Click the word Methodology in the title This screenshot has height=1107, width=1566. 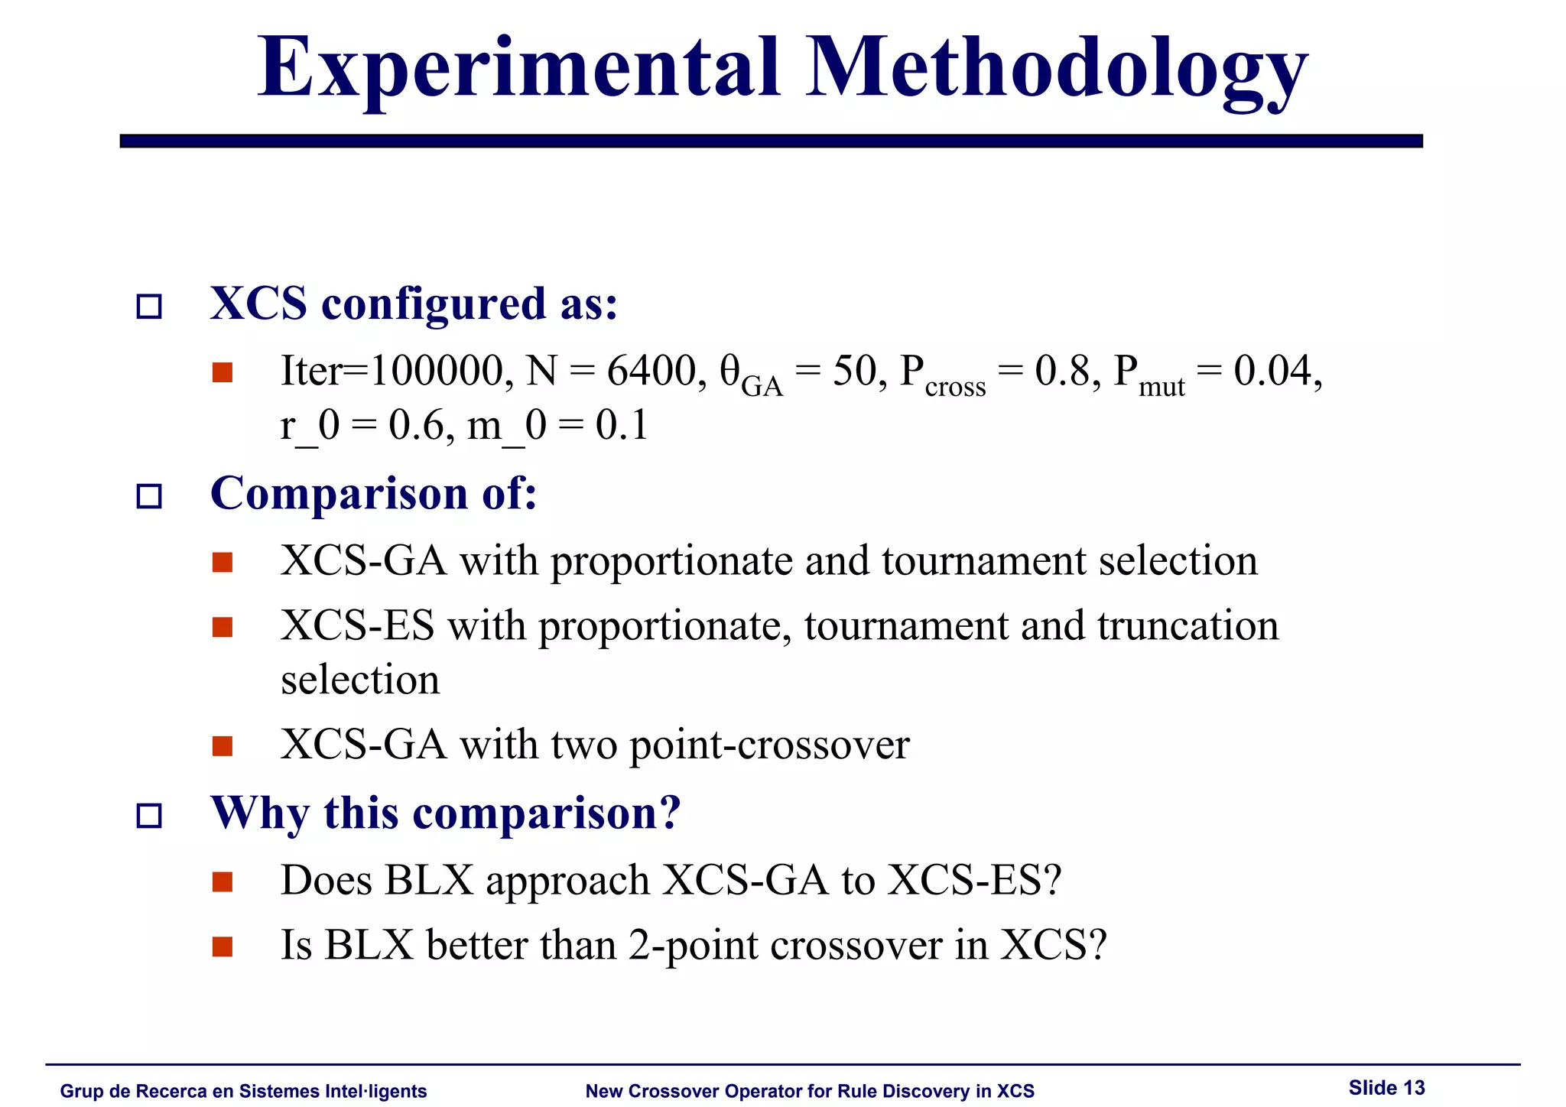1057,70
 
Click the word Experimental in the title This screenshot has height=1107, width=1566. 518,70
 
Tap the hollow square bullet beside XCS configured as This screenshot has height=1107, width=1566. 149,307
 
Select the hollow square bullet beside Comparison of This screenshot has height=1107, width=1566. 149,496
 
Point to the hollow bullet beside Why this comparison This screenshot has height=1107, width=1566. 149,816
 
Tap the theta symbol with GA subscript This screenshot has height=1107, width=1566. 729,372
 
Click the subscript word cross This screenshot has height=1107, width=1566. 955,388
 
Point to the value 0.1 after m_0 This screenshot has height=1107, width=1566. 622,426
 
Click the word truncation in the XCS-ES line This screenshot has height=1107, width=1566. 1187,626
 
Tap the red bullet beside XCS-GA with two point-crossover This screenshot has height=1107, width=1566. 223,745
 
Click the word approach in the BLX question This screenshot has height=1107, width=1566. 567,881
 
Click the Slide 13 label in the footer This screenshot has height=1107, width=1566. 1386,1088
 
